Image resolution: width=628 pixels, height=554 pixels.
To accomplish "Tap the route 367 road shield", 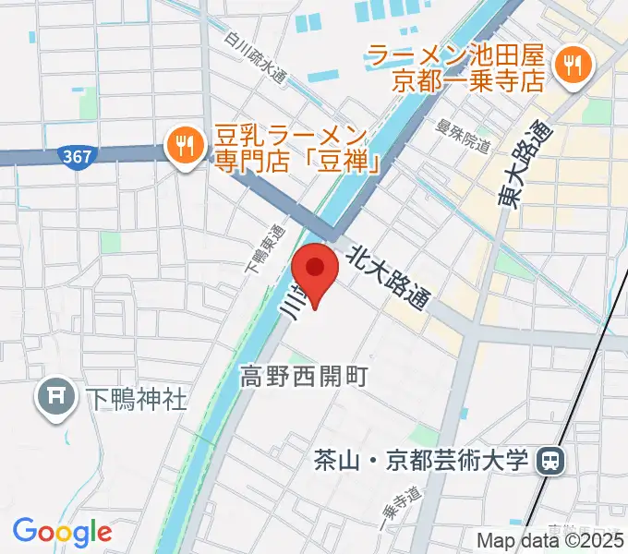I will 77,156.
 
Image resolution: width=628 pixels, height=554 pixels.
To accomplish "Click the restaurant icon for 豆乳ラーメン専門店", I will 185,144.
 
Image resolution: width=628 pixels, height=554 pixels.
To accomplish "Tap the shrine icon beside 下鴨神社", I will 55,399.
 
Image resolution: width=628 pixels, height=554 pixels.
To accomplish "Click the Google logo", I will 63,532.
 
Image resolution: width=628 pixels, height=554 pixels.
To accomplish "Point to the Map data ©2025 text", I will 550,541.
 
